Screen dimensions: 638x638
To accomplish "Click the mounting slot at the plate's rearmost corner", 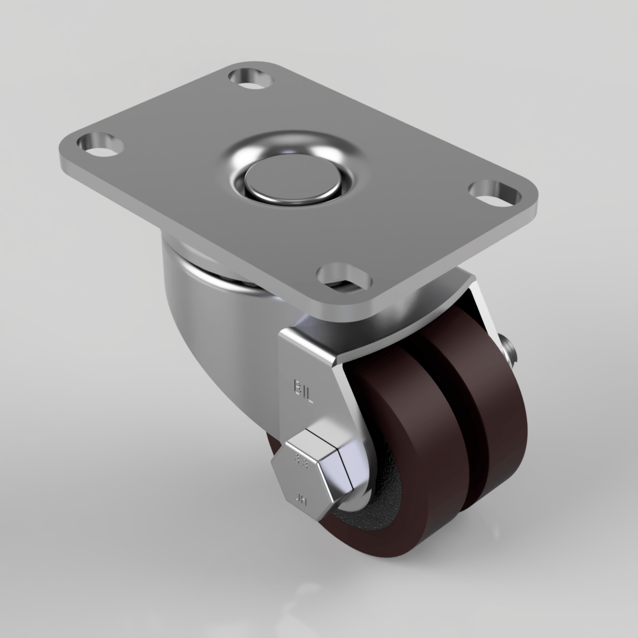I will pyautogui.click(x=250, y=78).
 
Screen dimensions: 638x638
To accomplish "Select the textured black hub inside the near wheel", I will pyautogui.click(x=376, y=510).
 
